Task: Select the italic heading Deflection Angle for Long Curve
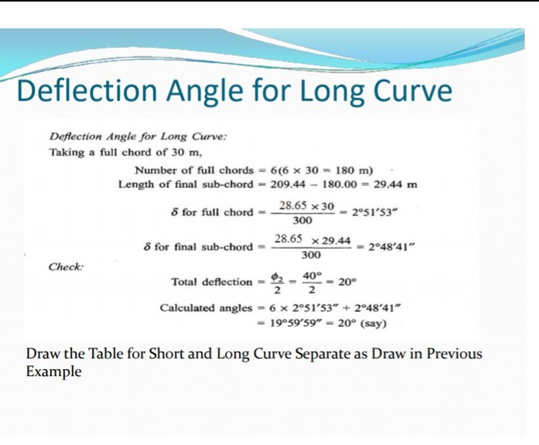click(x=138, y=136)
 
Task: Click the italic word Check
click(x=66, y=266)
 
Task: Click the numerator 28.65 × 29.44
click(x=313, y=240)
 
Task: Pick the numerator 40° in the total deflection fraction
click(x=312, y=276)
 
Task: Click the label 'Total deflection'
click(x=211, y=282)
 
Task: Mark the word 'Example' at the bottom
click(x=53, y=371)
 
